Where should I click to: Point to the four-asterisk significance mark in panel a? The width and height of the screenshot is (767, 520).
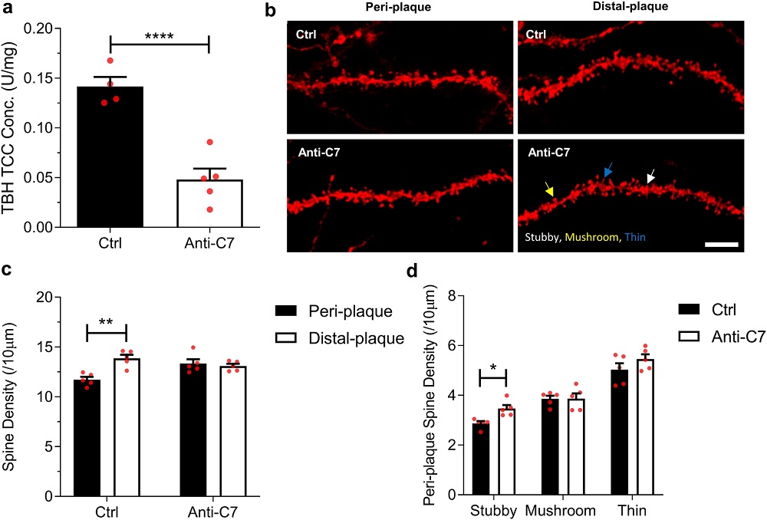[x=160, y=36]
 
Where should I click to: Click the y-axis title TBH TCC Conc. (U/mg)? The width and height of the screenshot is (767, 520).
[x=13, y=127]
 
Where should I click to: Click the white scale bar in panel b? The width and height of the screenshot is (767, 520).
[x=720, y=245]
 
